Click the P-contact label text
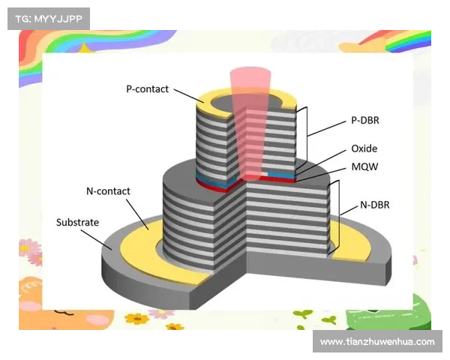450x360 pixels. pos(148,88)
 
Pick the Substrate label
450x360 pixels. pos(78,223)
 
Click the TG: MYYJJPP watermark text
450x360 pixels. pos(48,18)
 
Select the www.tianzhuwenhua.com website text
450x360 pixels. pos(377,342)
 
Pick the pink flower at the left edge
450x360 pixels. pos(28,247)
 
